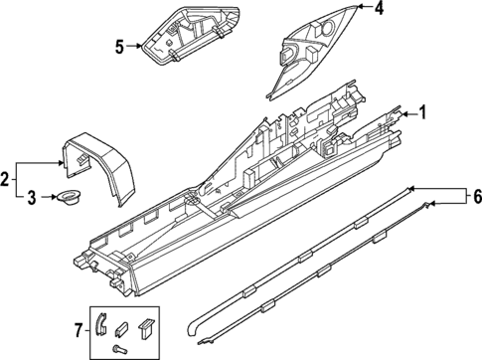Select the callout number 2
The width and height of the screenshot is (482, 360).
coord(7,179)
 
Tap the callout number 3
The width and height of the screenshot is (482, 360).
coord(32,198)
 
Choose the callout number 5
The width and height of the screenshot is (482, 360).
coord(119,45)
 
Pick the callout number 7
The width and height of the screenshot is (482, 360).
coord(79,329)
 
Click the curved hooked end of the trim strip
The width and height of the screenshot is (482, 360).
coord(195,328)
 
